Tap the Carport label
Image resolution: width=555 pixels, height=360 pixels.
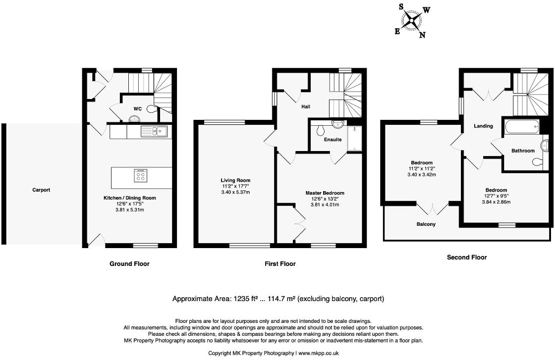coord(41,190)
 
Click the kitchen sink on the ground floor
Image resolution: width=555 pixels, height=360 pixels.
coord(154,131)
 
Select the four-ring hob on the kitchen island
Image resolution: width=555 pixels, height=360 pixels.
coord(140,175)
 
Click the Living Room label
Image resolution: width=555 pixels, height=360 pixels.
coord(235,180)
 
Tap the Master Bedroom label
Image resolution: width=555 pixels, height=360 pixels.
coord(325,193)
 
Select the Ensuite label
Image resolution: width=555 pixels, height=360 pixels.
coord(333,140)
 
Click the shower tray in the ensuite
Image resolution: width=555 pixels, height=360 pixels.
coord(355,138)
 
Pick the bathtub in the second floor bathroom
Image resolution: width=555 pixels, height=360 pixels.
coord(521,127)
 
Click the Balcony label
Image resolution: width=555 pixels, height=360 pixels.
coord(426,224)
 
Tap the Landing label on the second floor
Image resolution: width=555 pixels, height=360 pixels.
coord(483,126)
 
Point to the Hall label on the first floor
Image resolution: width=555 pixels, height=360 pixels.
coord(305,106)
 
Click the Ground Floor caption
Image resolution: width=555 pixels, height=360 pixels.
coord(129,264)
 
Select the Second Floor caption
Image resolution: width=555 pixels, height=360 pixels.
coord(466,257)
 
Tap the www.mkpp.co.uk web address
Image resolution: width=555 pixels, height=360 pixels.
coord(318,354)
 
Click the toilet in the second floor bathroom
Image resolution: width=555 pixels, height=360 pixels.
coord(536,161)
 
